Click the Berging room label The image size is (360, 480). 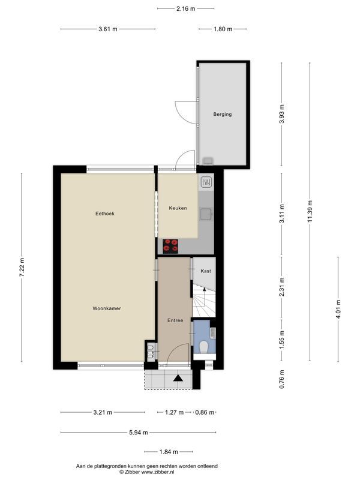[222, 114]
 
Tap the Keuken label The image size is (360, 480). [177, 208]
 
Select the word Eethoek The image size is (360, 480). [104, 214]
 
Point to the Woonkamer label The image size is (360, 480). [107, 308]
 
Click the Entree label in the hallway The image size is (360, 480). [175, 321]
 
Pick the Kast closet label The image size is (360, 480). [206, 271]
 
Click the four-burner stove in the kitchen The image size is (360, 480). [171, 245]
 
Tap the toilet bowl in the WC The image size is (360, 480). [204, 347]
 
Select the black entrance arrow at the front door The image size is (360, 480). [178, 378]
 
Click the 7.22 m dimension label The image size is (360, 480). [22, 267]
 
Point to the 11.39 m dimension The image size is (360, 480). [310, 211]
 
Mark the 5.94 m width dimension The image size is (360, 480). [138, 432]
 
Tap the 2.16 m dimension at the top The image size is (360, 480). [185, 8]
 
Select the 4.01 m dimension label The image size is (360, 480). [338, 309]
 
